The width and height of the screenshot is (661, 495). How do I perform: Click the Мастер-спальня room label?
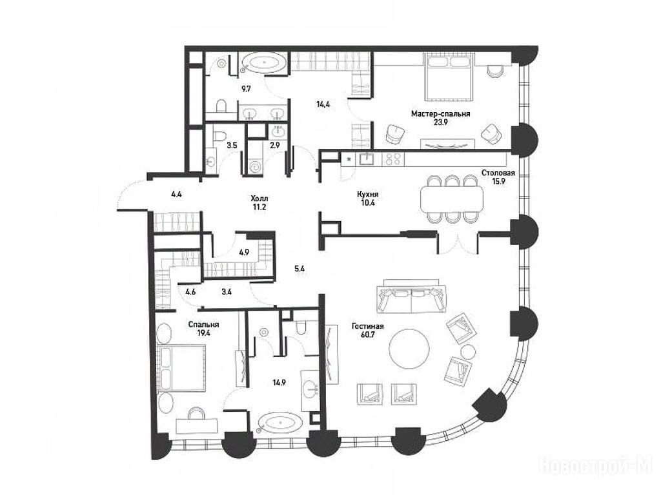[x=440, y=113]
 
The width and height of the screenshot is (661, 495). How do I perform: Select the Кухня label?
[x=367, y=195]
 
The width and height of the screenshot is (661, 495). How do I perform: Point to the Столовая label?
[x=498, y=173]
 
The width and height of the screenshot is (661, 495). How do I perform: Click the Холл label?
[x=259, y=199]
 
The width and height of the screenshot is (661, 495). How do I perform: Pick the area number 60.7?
[x=367, y=335]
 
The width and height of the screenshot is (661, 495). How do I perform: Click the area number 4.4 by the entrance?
[x=177, y=195]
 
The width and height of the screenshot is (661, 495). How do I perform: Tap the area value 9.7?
[x=246, y=89]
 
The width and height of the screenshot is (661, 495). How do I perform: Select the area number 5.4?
[x=300, y=269]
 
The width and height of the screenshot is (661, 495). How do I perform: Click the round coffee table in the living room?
[x=409, y=349]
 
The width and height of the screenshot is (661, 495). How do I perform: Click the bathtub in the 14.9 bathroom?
[x=280, y=422]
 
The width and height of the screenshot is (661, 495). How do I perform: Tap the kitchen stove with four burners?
[x=392, y=159]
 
